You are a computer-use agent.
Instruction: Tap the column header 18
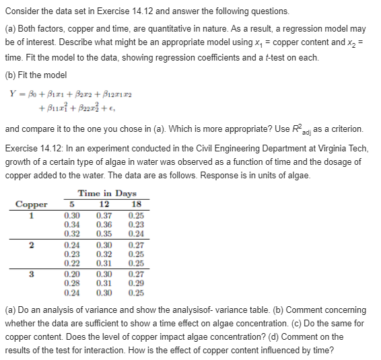(135, 204)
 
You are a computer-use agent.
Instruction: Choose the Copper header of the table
(32, 204)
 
